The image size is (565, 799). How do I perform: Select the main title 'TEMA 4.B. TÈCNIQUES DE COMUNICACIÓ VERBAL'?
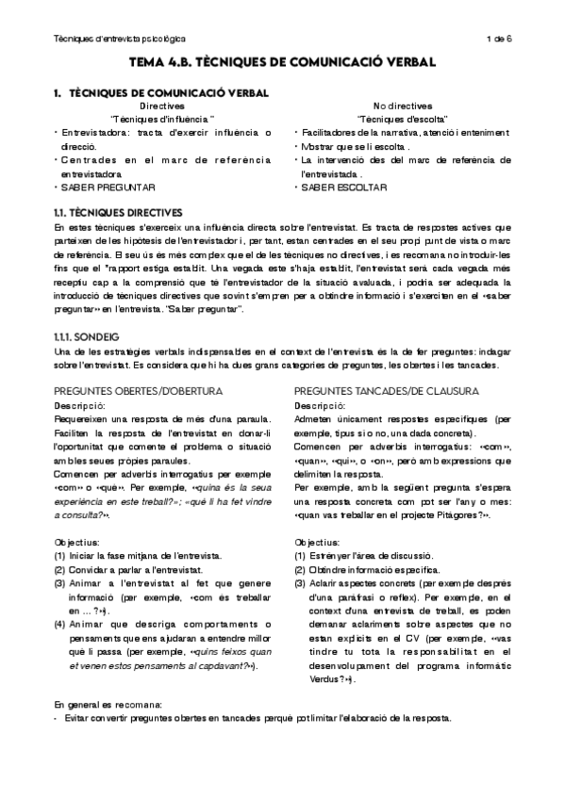(x=282, y=62)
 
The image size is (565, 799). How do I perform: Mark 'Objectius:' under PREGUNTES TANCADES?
(x=319, y=543)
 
